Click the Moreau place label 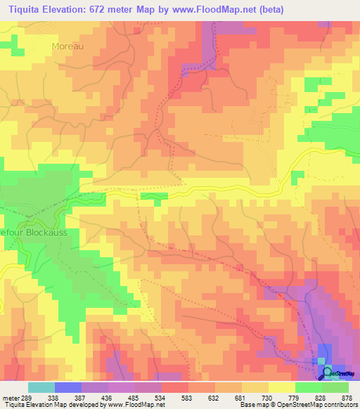coord(67,46)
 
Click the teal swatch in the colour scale coord(41,387)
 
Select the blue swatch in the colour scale coord(68,387)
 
